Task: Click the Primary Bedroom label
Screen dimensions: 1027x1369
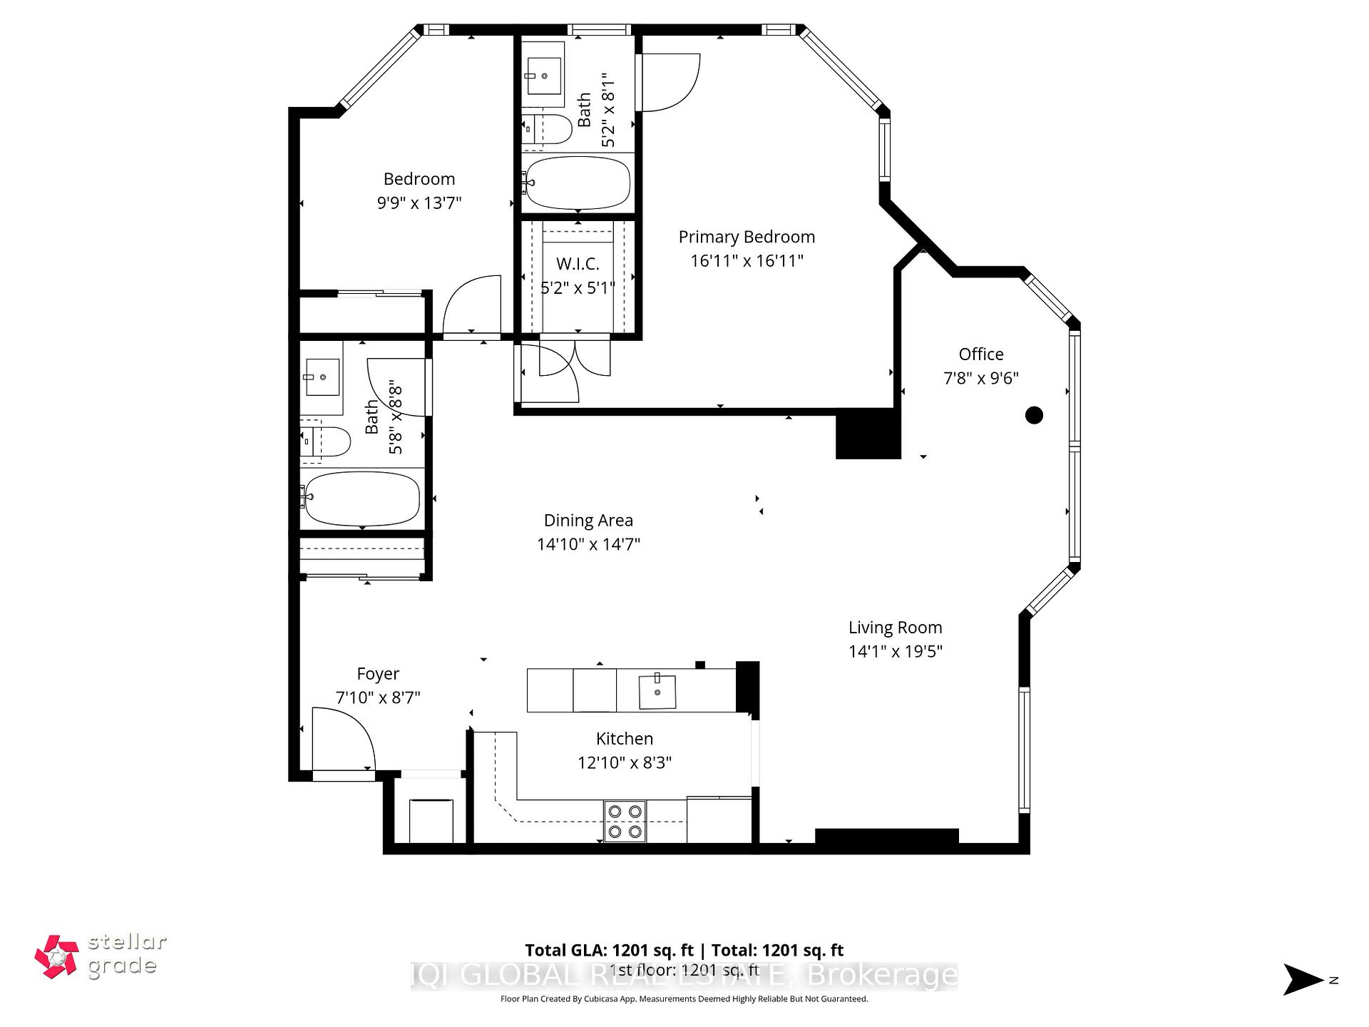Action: coord(747,237)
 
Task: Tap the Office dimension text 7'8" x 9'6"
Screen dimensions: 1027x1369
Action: coord(980,378)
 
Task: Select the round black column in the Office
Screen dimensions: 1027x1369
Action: coord(1034,414)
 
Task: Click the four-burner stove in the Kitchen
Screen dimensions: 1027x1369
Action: coord(625,821)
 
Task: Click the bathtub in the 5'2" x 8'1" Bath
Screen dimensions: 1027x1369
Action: coord(577,183)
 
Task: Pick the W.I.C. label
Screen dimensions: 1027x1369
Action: coord(578,264)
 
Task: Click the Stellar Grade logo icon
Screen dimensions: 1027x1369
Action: coord(56,956)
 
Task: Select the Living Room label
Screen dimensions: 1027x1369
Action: coord(895,628)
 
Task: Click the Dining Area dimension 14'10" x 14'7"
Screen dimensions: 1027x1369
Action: coord(588,544)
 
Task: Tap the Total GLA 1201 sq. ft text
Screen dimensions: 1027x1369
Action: coord(609,950)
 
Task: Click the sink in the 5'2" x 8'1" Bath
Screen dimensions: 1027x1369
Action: coord(544,75)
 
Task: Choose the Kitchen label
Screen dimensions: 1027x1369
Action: coord(625,739)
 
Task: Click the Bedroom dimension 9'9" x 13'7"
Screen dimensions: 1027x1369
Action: coord(419,203)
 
